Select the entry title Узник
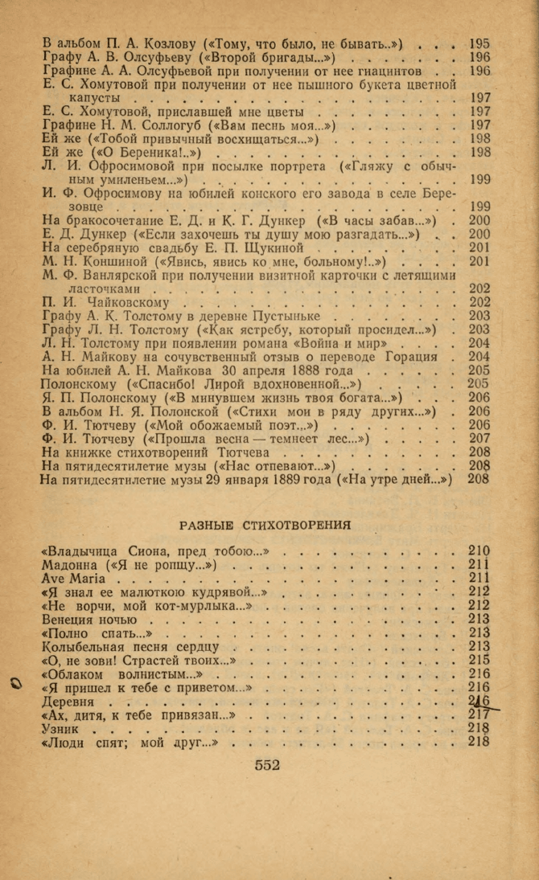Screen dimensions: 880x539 coord(62,727)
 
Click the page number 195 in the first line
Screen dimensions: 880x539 coord(479,43)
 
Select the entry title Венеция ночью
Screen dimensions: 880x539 coord(88,620)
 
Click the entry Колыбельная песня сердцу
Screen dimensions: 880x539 coord(130,647)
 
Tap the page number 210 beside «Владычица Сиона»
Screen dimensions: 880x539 coord(479,551)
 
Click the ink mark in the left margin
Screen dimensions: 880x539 coord(14,685)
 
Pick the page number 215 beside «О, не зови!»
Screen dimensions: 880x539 coord(479,661)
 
